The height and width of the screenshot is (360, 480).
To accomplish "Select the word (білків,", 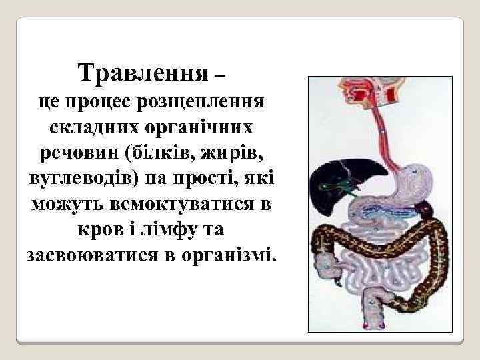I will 155,153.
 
